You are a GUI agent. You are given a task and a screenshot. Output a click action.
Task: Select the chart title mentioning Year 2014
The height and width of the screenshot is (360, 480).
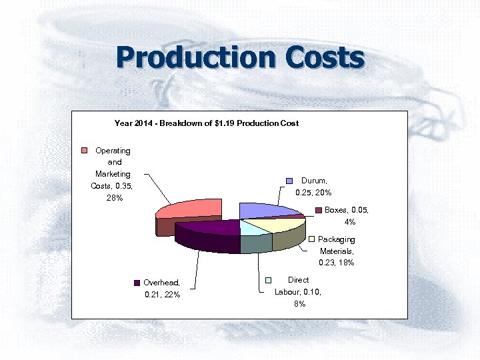206,123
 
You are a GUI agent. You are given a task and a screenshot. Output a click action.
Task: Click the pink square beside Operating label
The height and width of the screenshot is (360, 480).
85,150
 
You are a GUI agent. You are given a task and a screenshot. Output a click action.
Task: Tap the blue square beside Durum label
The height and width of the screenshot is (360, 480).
290,181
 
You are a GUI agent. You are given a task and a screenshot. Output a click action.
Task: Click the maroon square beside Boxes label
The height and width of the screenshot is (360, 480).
319,211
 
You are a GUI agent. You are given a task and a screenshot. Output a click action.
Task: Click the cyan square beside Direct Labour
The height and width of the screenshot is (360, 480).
269,281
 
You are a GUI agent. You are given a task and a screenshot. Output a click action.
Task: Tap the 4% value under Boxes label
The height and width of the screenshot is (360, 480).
350,222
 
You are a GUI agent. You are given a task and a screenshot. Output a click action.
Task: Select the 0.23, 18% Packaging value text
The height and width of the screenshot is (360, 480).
336,263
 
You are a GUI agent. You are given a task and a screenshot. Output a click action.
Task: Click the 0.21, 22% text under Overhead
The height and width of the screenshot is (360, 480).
163,295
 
